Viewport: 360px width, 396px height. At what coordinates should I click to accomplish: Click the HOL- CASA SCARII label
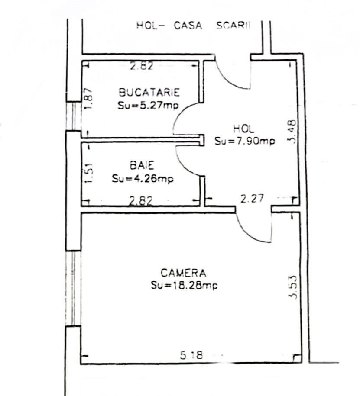click(193, 26)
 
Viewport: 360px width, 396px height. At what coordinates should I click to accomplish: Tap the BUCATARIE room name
click(149, 92)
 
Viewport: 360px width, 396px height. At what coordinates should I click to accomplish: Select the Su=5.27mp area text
click(148, 105)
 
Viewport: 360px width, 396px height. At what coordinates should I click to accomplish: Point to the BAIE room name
click(142, 165)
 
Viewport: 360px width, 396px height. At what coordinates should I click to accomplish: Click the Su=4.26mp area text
click(143, 179)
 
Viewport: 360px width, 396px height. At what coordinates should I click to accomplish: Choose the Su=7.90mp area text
click(245, 141)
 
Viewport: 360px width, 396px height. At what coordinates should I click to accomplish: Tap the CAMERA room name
click(183, 273)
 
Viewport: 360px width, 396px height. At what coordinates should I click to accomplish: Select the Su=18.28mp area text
click(184, 285)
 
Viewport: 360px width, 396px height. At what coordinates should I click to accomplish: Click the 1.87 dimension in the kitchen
click(89, 99)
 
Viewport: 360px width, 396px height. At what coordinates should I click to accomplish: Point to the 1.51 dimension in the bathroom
click(89, 173)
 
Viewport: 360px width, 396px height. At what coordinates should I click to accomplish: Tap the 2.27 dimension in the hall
click(252, 199)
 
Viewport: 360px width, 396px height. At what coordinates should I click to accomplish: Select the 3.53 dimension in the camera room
click(293, 287)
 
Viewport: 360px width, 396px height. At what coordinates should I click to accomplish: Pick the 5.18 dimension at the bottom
click(191, 355)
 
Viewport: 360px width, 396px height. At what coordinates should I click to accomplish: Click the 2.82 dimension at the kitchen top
click(142, 66)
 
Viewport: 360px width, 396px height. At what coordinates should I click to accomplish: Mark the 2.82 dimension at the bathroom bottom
click(141, 201)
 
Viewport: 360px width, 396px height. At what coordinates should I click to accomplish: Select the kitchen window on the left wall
click(73, 116)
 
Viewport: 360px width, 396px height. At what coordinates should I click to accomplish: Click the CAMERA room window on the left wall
click(73, 288)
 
